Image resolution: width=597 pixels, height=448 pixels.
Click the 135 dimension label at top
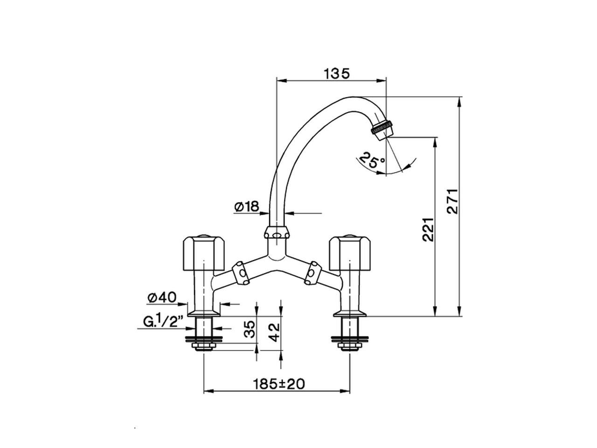coord(336,73)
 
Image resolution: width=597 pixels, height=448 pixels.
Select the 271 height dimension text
coord(453,201)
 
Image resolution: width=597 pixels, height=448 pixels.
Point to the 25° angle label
coord(373,161)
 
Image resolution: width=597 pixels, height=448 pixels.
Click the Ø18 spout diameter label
coord(247,207)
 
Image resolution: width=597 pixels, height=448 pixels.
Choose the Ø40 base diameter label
coord(161,297)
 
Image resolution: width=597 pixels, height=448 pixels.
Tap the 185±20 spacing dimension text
coord(278,384)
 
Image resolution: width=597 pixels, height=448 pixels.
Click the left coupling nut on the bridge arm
coord(241,273)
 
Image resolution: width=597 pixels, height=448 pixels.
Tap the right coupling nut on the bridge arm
coord(312,273)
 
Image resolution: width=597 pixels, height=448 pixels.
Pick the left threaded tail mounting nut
coord(204,346)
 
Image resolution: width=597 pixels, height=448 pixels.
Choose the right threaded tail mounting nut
coord(350,346)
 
